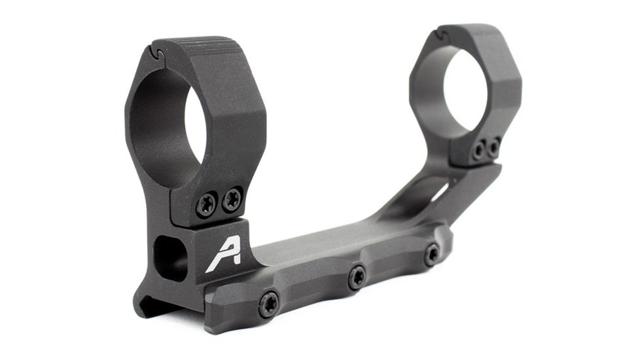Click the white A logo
point(222,254)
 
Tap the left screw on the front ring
point(206,204)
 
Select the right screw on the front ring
point(231,198)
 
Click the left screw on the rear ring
point(480,151)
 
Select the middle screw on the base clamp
point(357,276)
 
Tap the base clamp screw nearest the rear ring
point(432,253)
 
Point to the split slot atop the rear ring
point(443,33)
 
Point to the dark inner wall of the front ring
point(157,124)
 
